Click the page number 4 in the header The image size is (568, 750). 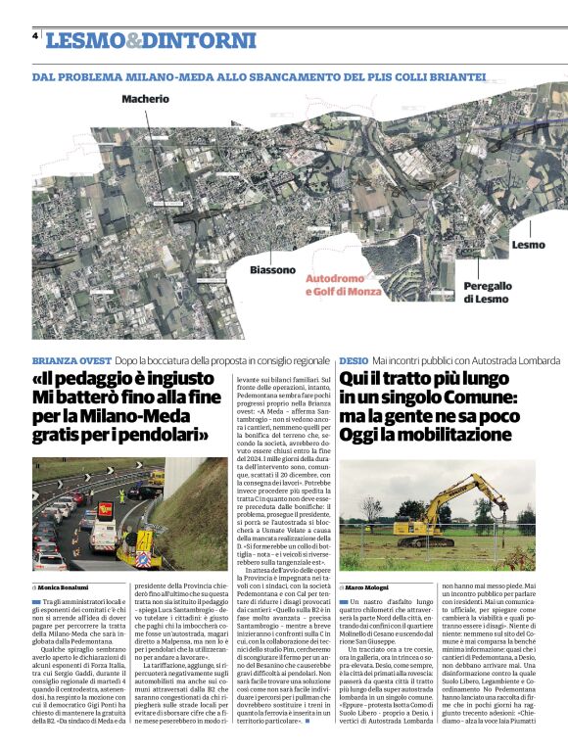[36, 36]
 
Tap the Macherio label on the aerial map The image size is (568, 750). [145, 99]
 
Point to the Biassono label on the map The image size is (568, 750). [271, 269]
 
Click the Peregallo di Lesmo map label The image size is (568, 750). [486, 292]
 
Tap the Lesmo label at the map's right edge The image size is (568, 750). [528, 244]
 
